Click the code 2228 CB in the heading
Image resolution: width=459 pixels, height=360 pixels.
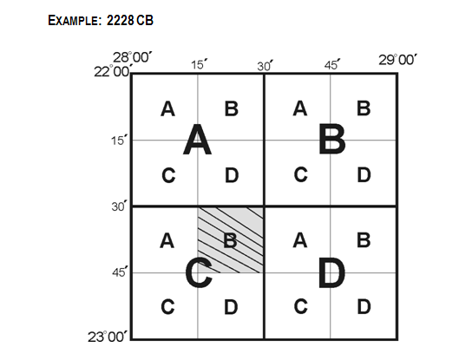pos(129,20)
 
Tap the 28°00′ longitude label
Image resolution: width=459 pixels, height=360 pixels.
pos(133,57)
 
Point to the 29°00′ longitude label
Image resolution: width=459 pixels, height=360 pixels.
pos(397,60)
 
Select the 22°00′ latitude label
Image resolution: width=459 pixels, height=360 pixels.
pos(113,71)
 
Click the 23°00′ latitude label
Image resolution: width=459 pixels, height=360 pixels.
pos(108,337)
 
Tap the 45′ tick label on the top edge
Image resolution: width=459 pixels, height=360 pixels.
pos(332,64)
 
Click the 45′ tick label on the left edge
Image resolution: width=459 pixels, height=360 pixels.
pos(120,272)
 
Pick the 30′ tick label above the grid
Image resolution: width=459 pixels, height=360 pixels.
pos(266,66)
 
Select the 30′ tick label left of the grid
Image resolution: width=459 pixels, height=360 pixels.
pos(120,206)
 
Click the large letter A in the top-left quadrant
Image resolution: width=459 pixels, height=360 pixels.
pos(197,140)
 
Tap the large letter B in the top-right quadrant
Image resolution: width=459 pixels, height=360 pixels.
pos(332,140)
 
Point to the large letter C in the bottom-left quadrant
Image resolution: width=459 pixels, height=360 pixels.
pos(199,272)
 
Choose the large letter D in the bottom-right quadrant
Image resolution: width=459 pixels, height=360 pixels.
pos(331,272)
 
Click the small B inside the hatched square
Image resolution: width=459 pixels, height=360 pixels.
pos(231,240)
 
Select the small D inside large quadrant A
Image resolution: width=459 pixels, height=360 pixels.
pos(232,175)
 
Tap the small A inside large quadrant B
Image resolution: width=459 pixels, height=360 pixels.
pos(300,108)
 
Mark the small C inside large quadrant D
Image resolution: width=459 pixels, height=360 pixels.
pos(300,307)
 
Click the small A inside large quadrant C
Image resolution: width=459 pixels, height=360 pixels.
pos(167,241)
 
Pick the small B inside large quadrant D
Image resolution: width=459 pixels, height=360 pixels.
pos(364,240)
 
